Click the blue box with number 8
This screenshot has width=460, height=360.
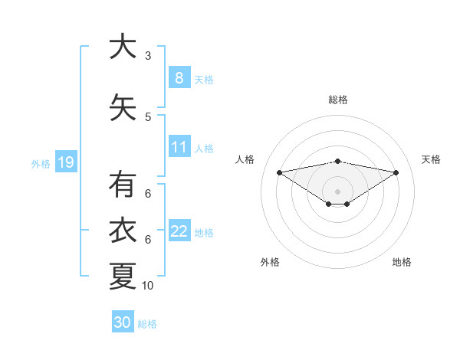179,77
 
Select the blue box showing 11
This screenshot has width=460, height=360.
179,147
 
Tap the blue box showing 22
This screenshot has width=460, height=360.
179,231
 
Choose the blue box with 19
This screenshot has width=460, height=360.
65,162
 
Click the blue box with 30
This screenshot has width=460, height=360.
122,322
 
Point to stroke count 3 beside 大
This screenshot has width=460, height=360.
148,56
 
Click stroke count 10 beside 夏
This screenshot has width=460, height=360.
148,286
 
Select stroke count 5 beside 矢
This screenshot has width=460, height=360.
148,116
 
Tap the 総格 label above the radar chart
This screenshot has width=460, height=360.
338,100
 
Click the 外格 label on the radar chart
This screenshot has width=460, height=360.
270,262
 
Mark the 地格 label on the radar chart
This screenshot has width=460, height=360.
402,262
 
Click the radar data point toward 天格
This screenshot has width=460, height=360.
396,172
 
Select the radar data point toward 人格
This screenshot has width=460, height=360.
280,172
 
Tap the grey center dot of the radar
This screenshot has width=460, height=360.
338,191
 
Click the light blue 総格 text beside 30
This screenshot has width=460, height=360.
147,324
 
